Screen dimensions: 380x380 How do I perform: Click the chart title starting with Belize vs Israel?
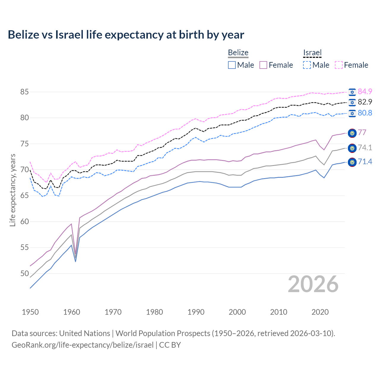click(x=126, y=35)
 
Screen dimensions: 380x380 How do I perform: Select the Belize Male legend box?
click(x=232, y=65)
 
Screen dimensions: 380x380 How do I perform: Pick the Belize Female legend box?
click(x=263, y=65)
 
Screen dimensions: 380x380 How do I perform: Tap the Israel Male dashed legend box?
click(x=307, y=65)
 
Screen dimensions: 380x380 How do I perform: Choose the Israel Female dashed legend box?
click(x=339, y=65)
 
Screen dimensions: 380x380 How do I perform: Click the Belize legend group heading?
click(x=238, y=53)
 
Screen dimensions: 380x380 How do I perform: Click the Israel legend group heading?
click(x=312, y=53)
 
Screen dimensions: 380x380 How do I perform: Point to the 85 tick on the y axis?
click(x=24, y=92)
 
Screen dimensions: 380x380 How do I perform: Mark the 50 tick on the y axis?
click(x=24, y=273)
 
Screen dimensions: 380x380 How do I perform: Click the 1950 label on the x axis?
click(x=30, y=312)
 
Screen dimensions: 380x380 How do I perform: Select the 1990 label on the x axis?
click(x=196, y=312)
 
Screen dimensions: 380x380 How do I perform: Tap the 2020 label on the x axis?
click(x=320, y=312)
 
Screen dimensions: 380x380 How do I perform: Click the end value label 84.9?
click(x=365, y=91)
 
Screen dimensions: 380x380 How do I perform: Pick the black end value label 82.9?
click(x=365, y=102)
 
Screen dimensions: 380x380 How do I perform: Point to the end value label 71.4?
click(x=365, y=162)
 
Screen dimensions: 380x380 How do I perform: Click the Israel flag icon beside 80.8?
click(x=352, y=113)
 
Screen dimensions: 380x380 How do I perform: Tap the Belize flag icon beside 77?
click(x=352, y=133)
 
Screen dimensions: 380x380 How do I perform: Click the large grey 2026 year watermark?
click(x=313, y=284)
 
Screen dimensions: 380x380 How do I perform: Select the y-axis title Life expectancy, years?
click(x=12, y=190)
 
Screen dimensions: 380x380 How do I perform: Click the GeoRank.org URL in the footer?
click(x=83, y=345)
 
